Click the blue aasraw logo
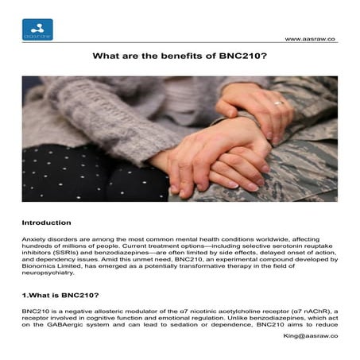point(37,29)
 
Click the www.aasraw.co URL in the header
point(310,38)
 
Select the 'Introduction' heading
point(46,223)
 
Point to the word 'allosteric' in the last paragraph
point(95,310)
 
